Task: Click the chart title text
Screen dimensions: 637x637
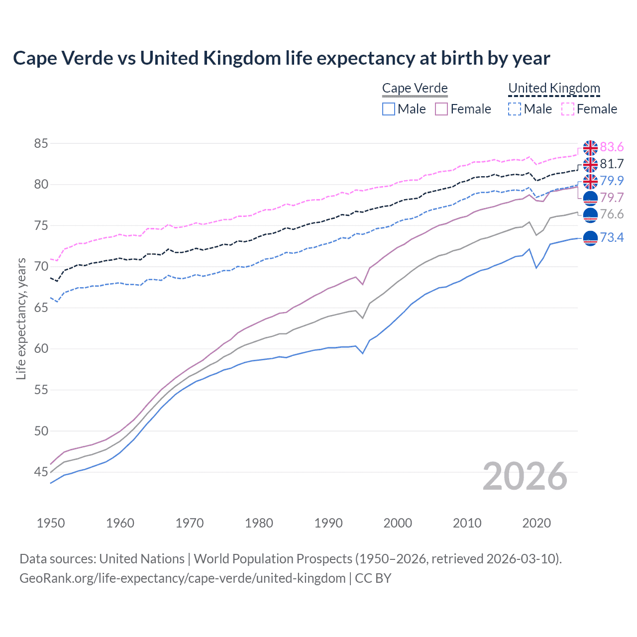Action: click(281, 58)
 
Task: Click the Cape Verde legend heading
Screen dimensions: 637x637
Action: click(415, 89)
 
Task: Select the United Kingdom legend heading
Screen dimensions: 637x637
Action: click(554, 89)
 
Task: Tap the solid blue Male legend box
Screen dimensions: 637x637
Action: click(389, 109)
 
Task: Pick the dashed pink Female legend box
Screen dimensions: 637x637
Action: click(568, 109)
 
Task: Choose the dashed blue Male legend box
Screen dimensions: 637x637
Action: click(515, 109)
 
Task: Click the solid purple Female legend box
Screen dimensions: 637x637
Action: click(441, 109)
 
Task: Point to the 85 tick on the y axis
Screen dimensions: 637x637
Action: click(41, 144)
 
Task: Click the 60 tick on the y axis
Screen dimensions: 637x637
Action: click(41, 349)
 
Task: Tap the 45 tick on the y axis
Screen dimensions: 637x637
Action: click(41, 472)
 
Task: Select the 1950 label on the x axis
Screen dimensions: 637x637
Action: click(51, 523)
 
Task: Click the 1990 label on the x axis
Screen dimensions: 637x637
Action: click(328, 523)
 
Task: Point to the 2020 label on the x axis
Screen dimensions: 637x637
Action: click(536, 523)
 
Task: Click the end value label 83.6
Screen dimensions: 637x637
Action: click(612, 147)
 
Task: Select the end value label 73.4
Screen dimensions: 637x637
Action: click(612, 238)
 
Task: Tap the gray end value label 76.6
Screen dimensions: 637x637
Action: click(612, 214)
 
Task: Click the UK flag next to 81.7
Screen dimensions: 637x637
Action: click(590, 164)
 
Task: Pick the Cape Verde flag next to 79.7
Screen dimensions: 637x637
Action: click(590, 198)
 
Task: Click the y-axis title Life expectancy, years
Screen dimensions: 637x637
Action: click(21, 318)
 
